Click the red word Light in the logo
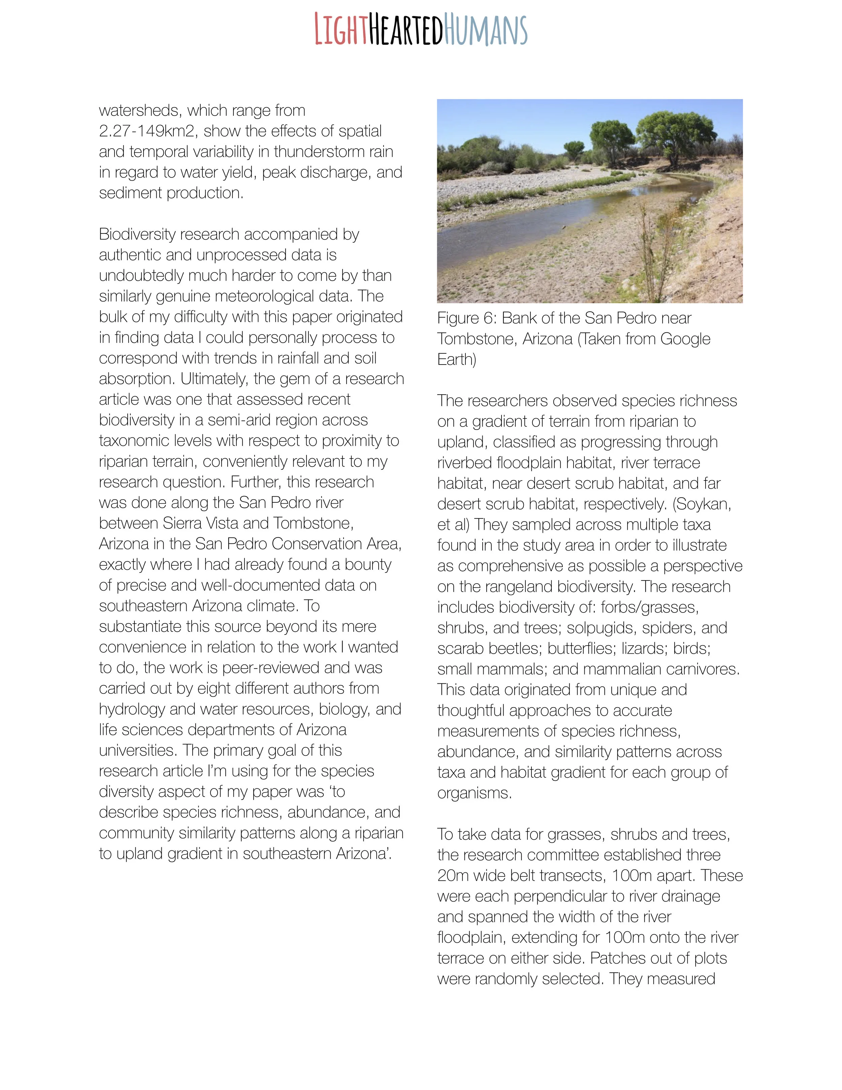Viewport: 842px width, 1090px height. point(341,30)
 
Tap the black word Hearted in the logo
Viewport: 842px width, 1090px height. point(405,30)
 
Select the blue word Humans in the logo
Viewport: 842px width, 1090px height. point(485,30)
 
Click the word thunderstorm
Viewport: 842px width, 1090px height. point(333,151)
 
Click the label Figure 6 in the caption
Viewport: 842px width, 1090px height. point(466,318)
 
